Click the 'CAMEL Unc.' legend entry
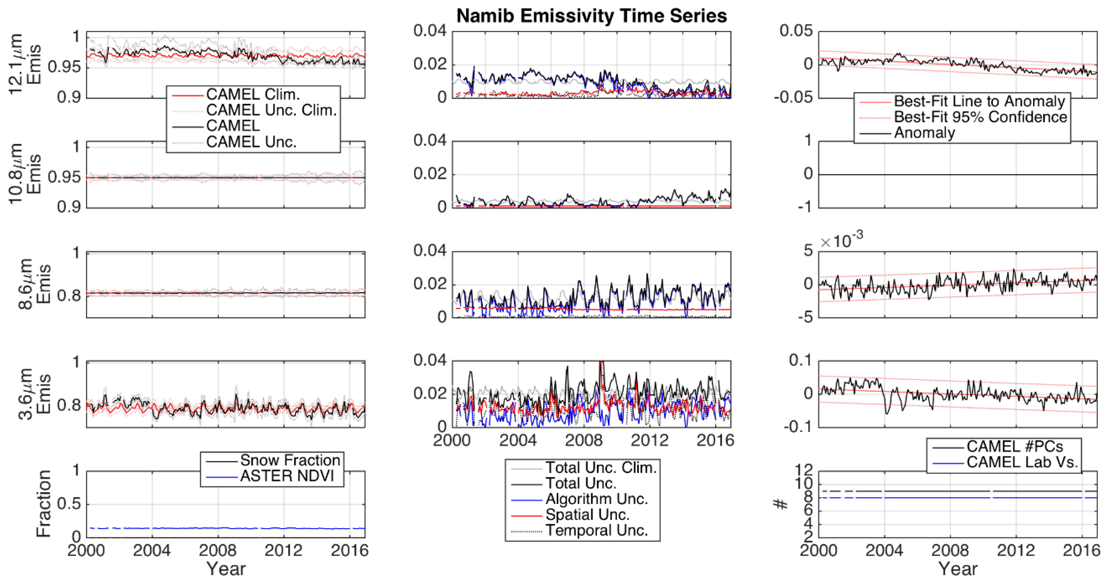pos(251,142)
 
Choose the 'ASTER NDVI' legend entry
pos(287,476)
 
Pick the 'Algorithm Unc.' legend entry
pos(596,499)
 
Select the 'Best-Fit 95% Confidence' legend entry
pos(980,117)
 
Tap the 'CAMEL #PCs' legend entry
pos(1014,447)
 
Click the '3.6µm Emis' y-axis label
pos(34,394)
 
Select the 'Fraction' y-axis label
pos(43,504)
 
